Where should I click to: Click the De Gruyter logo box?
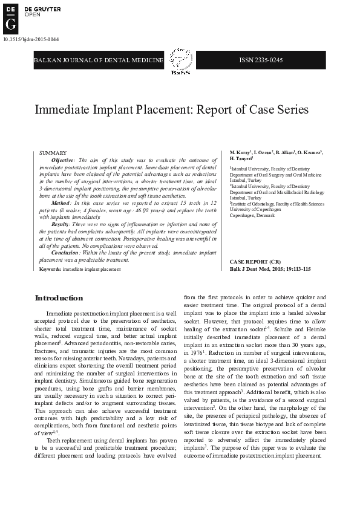point(10,17)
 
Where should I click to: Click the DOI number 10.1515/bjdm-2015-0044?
point(31,39)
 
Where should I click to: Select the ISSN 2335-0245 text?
point(261,60)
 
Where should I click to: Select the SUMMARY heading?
point(49,153)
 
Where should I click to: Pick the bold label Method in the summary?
point(61,203)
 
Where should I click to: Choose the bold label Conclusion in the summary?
point(65,252)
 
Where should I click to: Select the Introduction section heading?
point(59,298)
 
